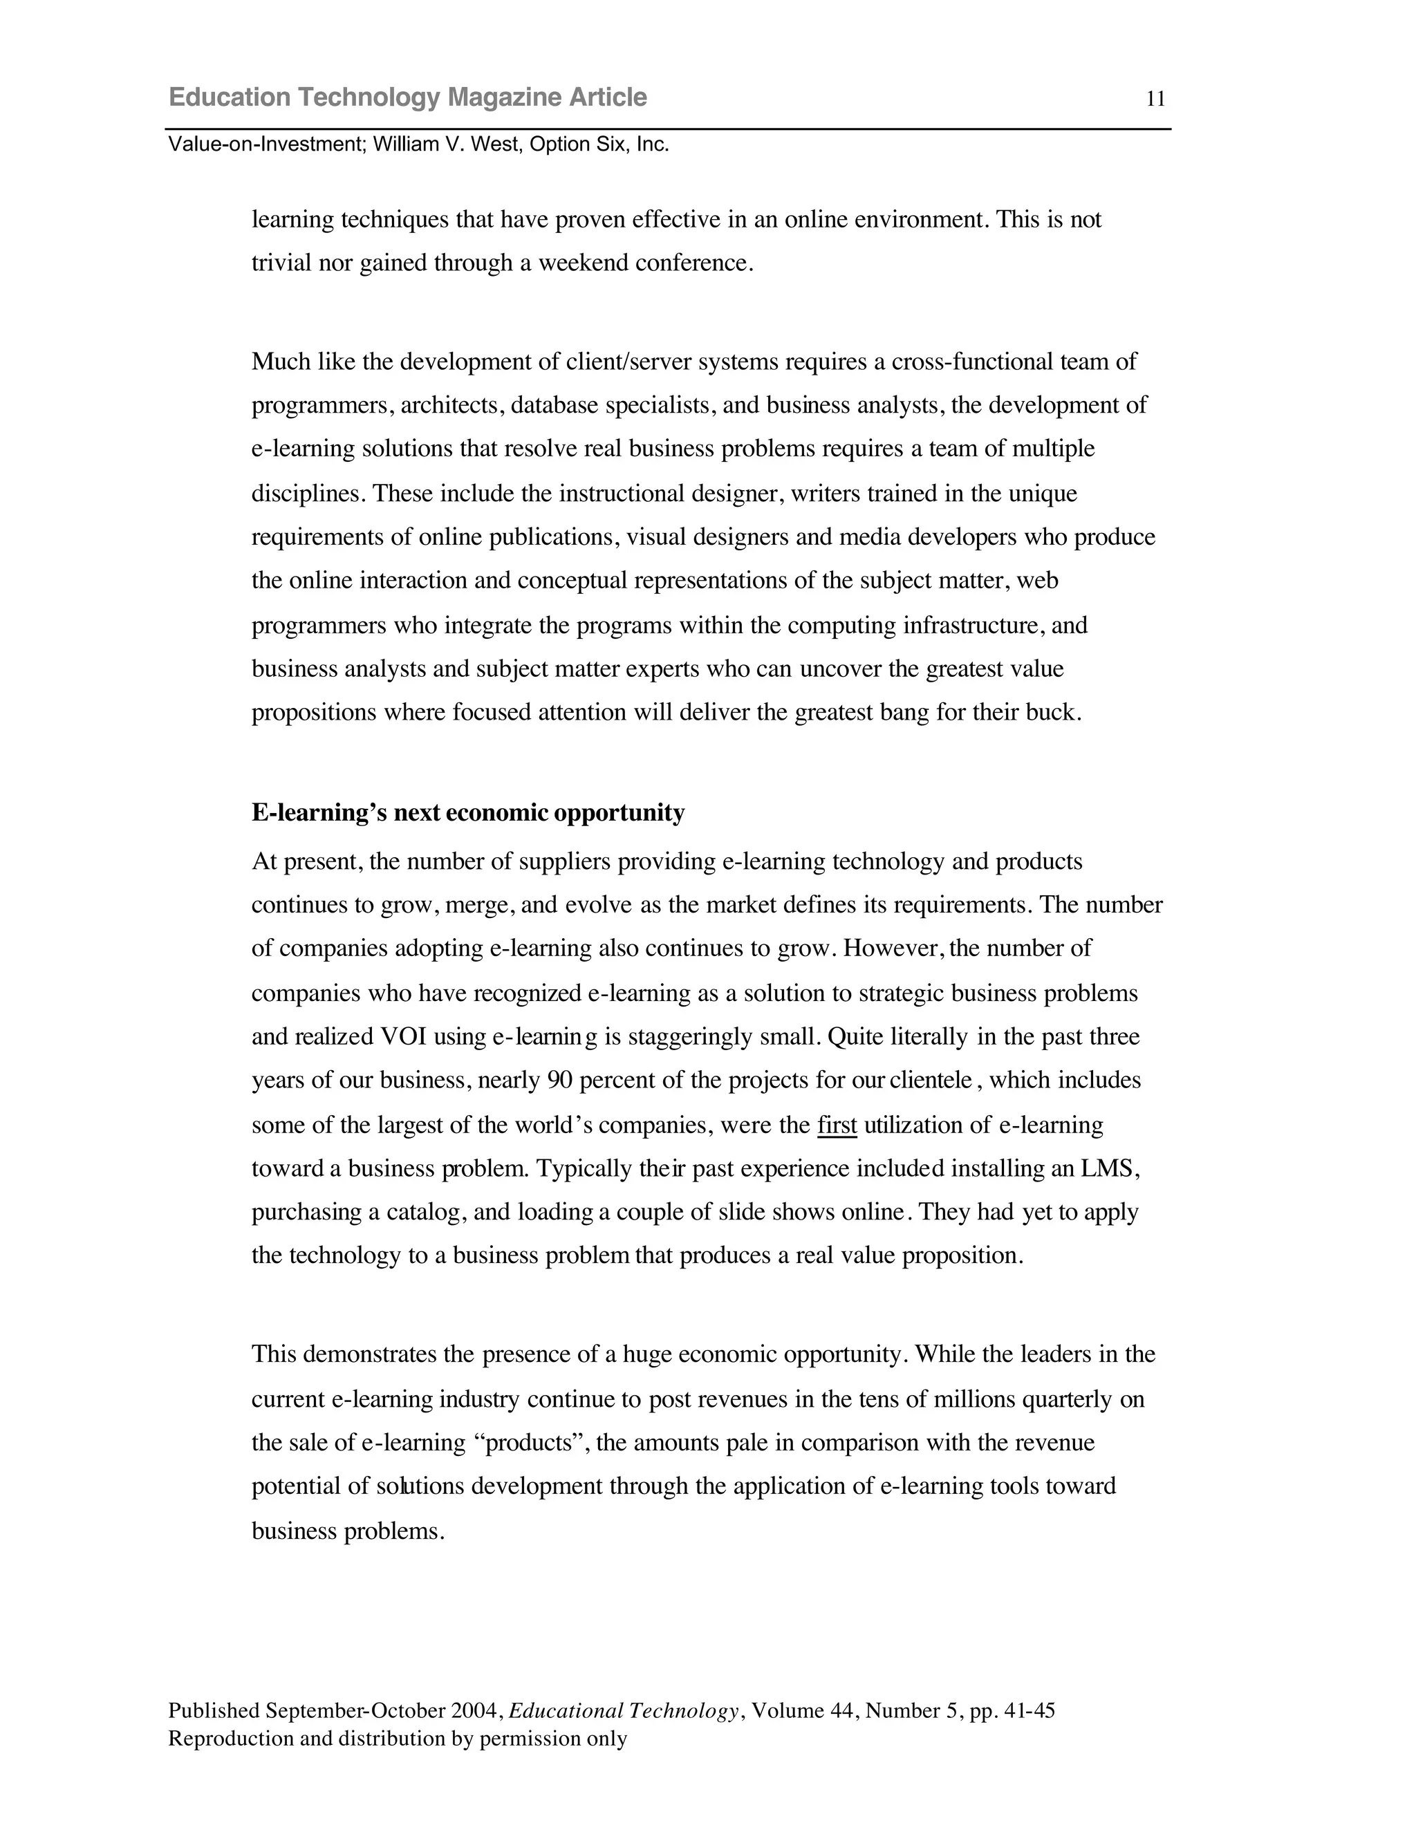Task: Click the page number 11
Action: click(1155, 100)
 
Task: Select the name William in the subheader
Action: click(405, 144)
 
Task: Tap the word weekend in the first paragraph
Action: click(583, 263)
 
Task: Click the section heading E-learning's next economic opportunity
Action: click(468, 813)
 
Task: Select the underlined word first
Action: click(837, 1125)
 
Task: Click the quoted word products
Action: click(530, 1443)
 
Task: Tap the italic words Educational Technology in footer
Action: click(623, 1710)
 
